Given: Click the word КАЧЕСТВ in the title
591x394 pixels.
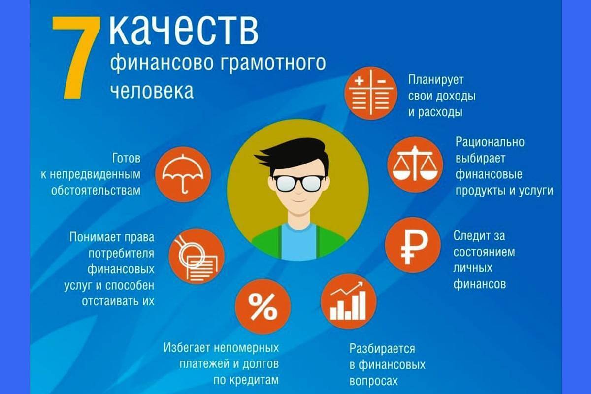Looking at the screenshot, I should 183,31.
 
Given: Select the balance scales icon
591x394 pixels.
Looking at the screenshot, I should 415,164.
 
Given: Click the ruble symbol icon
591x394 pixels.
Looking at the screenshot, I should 412,245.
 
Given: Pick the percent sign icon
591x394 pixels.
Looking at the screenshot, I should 263,307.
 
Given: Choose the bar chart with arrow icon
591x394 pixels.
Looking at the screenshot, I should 348,301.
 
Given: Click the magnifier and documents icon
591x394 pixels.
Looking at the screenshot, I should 196,256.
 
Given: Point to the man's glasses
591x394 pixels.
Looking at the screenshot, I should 298,183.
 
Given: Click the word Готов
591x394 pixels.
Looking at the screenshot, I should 126,159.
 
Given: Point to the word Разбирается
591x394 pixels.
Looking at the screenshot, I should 382,349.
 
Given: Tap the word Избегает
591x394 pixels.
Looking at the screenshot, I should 187,348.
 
